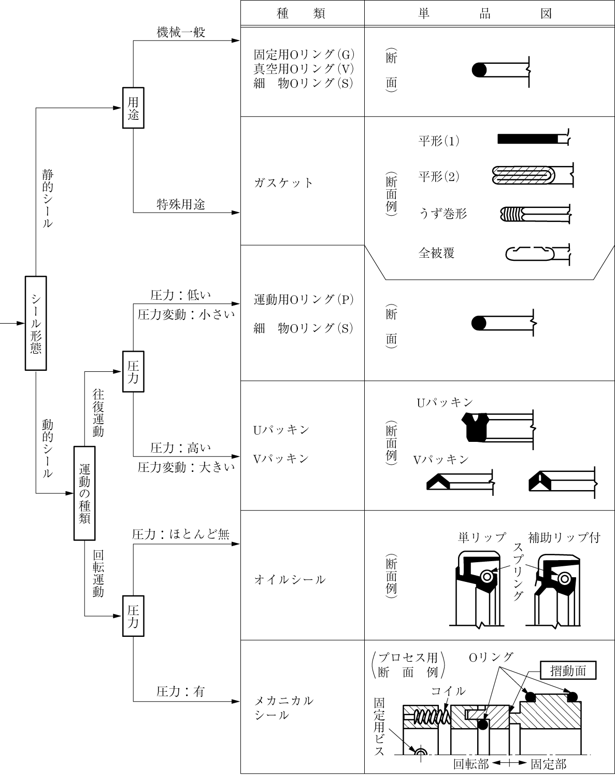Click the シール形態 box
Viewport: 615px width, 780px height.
tap(36, 323)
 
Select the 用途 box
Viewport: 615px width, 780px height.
tap(133, 108)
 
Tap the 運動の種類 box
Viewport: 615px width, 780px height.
tap(84, 493)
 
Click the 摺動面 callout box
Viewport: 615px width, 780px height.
tap(568, 671)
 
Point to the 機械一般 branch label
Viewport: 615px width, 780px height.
tap(181, 32)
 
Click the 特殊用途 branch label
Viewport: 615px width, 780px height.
tap(181, 204)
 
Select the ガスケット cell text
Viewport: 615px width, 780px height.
tap(283, 183)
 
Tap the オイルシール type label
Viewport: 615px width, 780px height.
tap(290, 580)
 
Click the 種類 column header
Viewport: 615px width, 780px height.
tap(301, 13)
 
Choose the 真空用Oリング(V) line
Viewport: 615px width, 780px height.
tap(304, 68)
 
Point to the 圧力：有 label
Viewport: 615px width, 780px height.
tap(181, 691)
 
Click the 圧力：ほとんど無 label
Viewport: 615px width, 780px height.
tap(181, 534)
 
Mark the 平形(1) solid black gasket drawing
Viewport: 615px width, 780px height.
tap(528, 139)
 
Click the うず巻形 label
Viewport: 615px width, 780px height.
tap(442, 214)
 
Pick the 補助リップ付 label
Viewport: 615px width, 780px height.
tap(564, 537)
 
